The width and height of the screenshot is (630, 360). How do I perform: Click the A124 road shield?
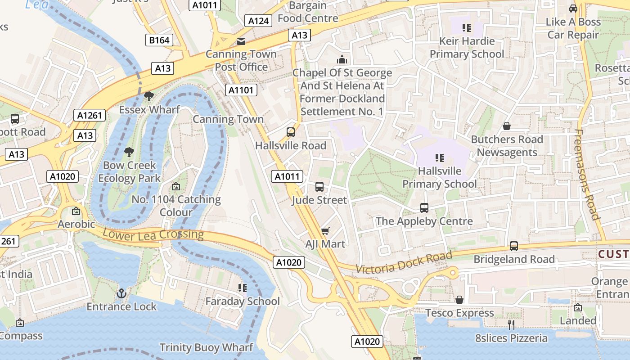tap(259, 21)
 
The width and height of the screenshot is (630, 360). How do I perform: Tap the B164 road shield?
tap(159, 40)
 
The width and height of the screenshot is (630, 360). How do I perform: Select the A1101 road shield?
tap(241, 90)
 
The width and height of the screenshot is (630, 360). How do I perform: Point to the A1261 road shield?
tap(90, 115)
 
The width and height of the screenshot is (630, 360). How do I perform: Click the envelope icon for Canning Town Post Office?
tap(241, 41)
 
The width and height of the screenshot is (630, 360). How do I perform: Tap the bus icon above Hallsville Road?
tap(291, 132)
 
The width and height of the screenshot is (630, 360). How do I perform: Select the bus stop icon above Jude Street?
tap(319, 186)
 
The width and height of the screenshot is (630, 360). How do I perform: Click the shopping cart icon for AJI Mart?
tap(325, 231)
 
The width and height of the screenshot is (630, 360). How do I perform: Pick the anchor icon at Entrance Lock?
tap(121, 294)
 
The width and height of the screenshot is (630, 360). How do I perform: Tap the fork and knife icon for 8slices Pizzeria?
tap(511, 324)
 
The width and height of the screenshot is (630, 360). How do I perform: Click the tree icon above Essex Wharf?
tap(148, 96)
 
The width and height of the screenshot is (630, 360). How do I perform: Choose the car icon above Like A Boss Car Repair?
tap(573, 9)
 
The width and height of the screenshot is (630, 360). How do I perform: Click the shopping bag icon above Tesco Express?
tap(459, 300)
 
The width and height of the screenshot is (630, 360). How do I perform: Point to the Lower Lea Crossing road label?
tap(153, 234)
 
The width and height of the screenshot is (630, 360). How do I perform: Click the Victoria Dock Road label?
tap(404, 263)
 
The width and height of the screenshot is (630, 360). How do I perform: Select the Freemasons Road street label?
tap(587, 175)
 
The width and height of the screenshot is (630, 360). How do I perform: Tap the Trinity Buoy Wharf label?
tap(207, 347)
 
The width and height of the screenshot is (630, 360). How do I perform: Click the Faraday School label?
tap(243, 301)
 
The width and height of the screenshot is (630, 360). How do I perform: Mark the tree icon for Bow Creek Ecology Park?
tap(129, 152)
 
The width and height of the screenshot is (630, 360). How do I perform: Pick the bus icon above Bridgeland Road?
tap(514, 246)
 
